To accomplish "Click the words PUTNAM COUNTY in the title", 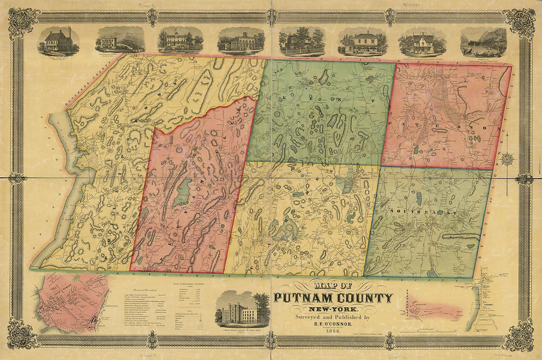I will pyautogui.click(x=334, y=298).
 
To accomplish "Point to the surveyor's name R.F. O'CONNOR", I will pyautogui.click(x=334, y=325).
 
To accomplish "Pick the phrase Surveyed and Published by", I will pyautogui.click(x=334, y=317).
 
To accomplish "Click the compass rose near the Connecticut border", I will pyautogui.click(x=507, y=159).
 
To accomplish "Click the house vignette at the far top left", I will pyautogui.click(x=59, y=40).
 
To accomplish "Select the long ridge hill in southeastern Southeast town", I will pyautogui.click(x=461, y=237).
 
